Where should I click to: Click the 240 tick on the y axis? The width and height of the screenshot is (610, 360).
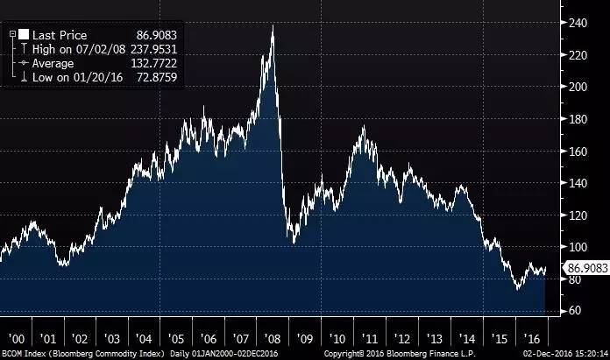pos(576,23)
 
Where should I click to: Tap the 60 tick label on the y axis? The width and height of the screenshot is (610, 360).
pos(573,311)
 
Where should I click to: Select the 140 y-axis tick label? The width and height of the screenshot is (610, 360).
pos(576,183)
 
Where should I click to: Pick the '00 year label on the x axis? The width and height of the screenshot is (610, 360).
pos(15,337)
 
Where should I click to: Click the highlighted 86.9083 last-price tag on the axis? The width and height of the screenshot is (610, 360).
pos(581,268)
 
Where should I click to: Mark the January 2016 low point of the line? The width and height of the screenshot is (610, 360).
pos(517,290)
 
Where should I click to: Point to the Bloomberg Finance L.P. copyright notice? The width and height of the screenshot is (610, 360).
pos(399,353)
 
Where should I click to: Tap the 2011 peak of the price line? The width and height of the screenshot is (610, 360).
pos(363,127)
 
